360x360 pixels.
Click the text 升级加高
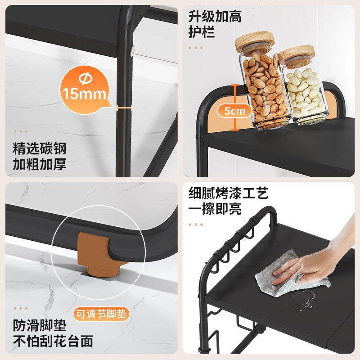[x=215, y=17]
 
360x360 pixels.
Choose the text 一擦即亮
[x=215, y=210]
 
